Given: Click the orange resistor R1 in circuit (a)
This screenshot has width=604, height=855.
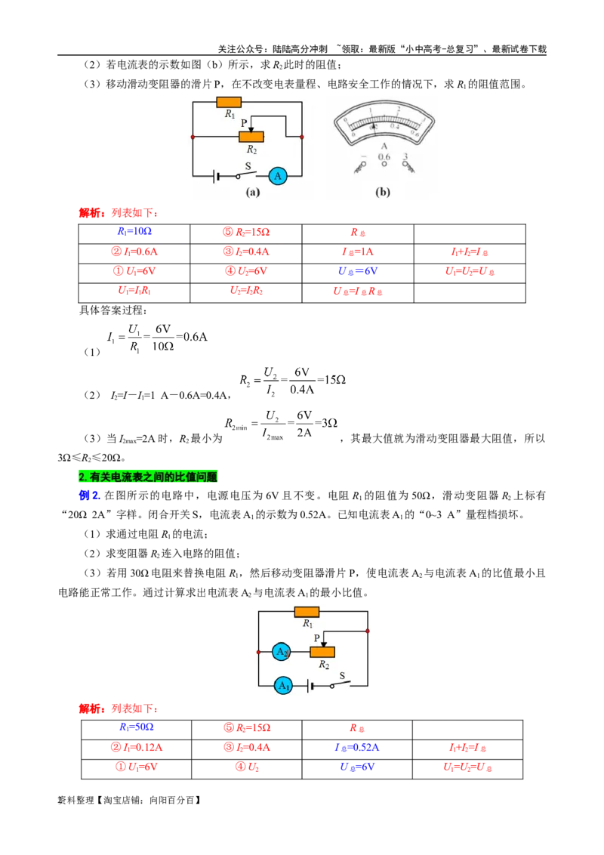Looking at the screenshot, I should (229, 102).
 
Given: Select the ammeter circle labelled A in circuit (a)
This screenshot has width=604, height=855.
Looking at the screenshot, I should (278, 176).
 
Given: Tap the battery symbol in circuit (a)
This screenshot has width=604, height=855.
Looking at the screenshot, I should (217, 176).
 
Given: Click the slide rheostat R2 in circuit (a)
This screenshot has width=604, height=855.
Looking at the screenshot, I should (251, 136).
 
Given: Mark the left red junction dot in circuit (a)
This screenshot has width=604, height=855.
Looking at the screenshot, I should (193, 137).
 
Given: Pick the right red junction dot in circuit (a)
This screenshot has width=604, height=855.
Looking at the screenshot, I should (302, 137).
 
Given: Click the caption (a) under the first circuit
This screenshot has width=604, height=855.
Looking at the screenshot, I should (253, 193).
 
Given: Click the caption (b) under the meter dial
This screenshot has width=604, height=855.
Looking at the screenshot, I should (383, 193).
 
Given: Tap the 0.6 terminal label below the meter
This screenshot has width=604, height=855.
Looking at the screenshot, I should (384, 158).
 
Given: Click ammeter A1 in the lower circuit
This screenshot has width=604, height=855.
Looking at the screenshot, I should (283, 686).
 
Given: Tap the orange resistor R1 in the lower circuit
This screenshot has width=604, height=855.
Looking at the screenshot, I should (307, 612).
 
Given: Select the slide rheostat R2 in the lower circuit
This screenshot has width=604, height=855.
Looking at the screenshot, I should (323, 652).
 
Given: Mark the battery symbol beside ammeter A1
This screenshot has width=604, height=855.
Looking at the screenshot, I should (310, 686).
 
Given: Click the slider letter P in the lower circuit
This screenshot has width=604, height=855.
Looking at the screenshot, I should (317, 638).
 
